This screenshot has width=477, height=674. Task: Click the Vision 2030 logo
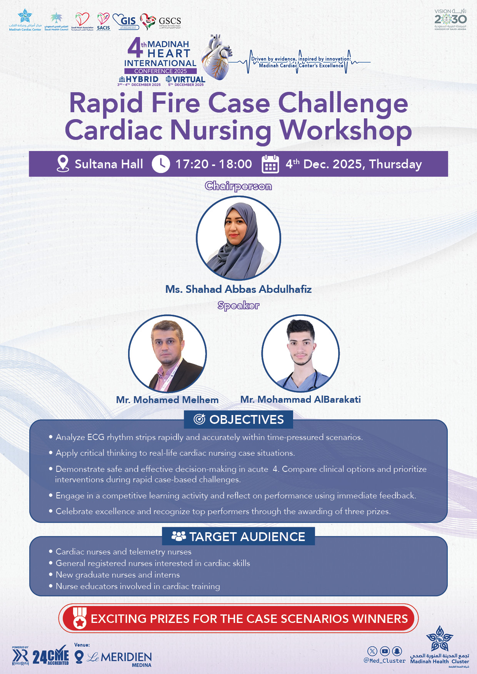tap(450, 20)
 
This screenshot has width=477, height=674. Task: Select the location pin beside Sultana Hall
tap(63, 164)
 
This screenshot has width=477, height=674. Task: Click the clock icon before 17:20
tap(161, 164)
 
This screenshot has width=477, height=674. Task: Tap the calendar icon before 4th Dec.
tap(270, 164)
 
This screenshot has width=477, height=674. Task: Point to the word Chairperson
tap(239, 186)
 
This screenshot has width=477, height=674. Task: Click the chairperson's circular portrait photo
tap(239, 238)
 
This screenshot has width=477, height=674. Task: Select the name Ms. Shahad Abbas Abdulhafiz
tap(239, 289)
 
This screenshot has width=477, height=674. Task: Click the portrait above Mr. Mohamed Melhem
tap(167, 354)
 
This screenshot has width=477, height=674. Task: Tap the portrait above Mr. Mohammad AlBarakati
tap(300, 354)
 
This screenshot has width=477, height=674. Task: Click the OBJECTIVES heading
tap(247, 420)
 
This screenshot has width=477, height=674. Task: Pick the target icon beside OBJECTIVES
tap(199, 419)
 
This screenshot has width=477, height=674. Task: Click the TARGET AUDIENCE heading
tap(247, 536)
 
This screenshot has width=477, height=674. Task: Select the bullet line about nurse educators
tap(138, 586)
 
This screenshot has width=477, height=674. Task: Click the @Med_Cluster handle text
tap(385, 661)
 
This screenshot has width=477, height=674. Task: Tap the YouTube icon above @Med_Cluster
tap(385, 651)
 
